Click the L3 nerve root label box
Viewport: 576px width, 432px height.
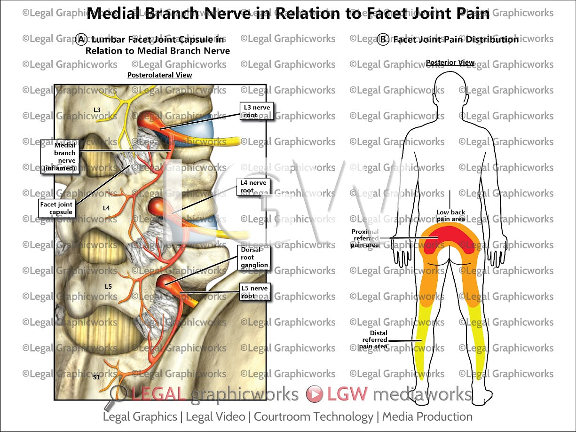coord(257,111)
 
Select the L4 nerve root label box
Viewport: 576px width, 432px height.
coord(254,187)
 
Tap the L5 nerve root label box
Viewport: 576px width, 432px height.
coord(254,292)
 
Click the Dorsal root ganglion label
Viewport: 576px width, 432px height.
coord(254,258)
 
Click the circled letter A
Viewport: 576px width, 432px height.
coord(81,39)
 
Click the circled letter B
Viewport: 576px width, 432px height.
coord(383,39)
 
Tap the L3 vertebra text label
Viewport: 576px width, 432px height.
coord(97,110)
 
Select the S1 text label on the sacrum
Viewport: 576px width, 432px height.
coord(96,377)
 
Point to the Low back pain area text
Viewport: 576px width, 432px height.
coord(450,216)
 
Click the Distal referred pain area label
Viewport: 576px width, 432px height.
coord(375,340)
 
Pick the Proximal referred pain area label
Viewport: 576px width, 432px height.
coord(365,238)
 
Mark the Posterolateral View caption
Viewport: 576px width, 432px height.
coord(159,75)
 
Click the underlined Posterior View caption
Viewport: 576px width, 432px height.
coord(450,63)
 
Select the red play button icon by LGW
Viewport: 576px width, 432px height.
coord(314,394)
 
